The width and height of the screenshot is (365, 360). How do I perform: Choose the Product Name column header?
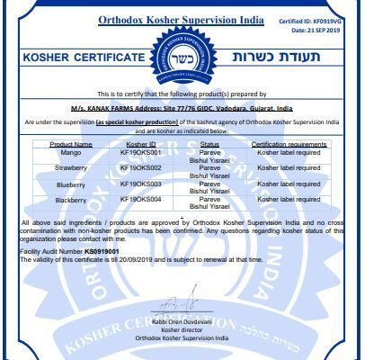click(70, 143)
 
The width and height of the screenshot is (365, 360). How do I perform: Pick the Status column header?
click(209, 143)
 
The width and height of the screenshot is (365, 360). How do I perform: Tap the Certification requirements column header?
click(288, 143)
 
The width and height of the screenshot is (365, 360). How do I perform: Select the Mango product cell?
click(70, 152)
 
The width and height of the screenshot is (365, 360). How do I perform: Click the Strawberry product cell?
click(70, 167)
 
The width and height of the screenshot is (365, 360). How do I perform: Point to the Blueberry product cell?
click(70, 183)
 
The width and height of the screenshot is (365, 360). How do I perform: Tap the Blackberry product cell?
click(70, 198)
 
